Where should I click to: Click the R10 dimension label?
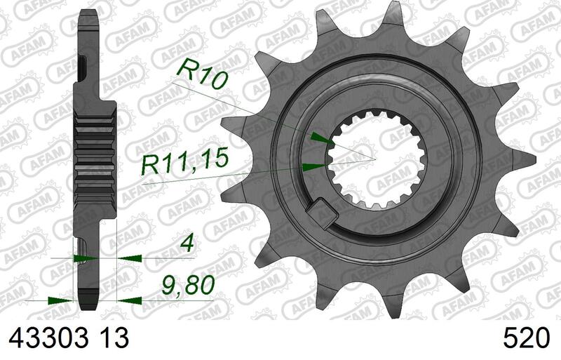[x=203, y=73]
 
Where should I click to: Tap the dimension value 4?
[x=185, y=247]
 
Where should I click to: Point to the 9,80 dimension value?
[x=184, y=286]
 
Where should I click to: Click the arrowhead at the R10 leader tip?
[x=317, y=138]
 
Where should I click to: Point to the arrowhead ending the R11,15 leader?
[x=313, y=166]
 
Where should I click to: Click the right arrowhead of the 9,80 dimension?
[x=127, y=300]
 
